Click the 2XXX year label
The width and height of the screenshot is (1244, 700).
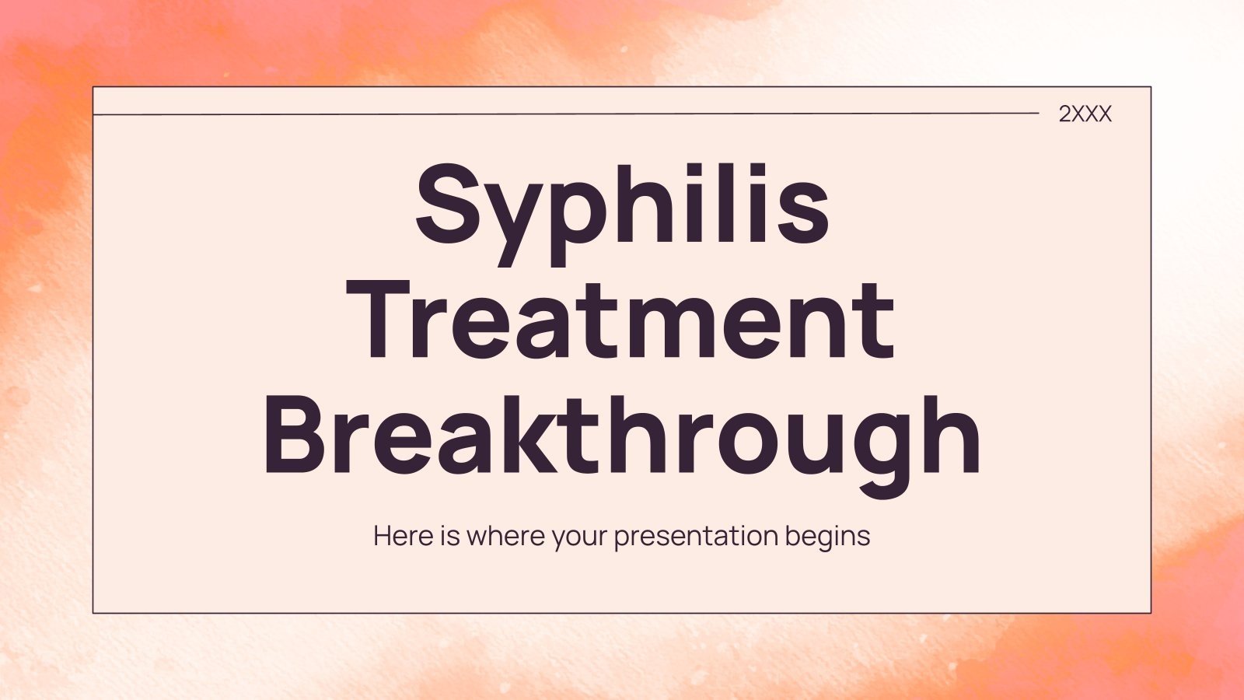click(1085, 114)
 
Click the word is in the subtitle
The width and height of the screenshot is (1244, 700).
click(451, 536)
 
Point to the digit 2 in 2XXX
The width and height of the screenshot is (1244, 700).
click(1065, 114)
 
